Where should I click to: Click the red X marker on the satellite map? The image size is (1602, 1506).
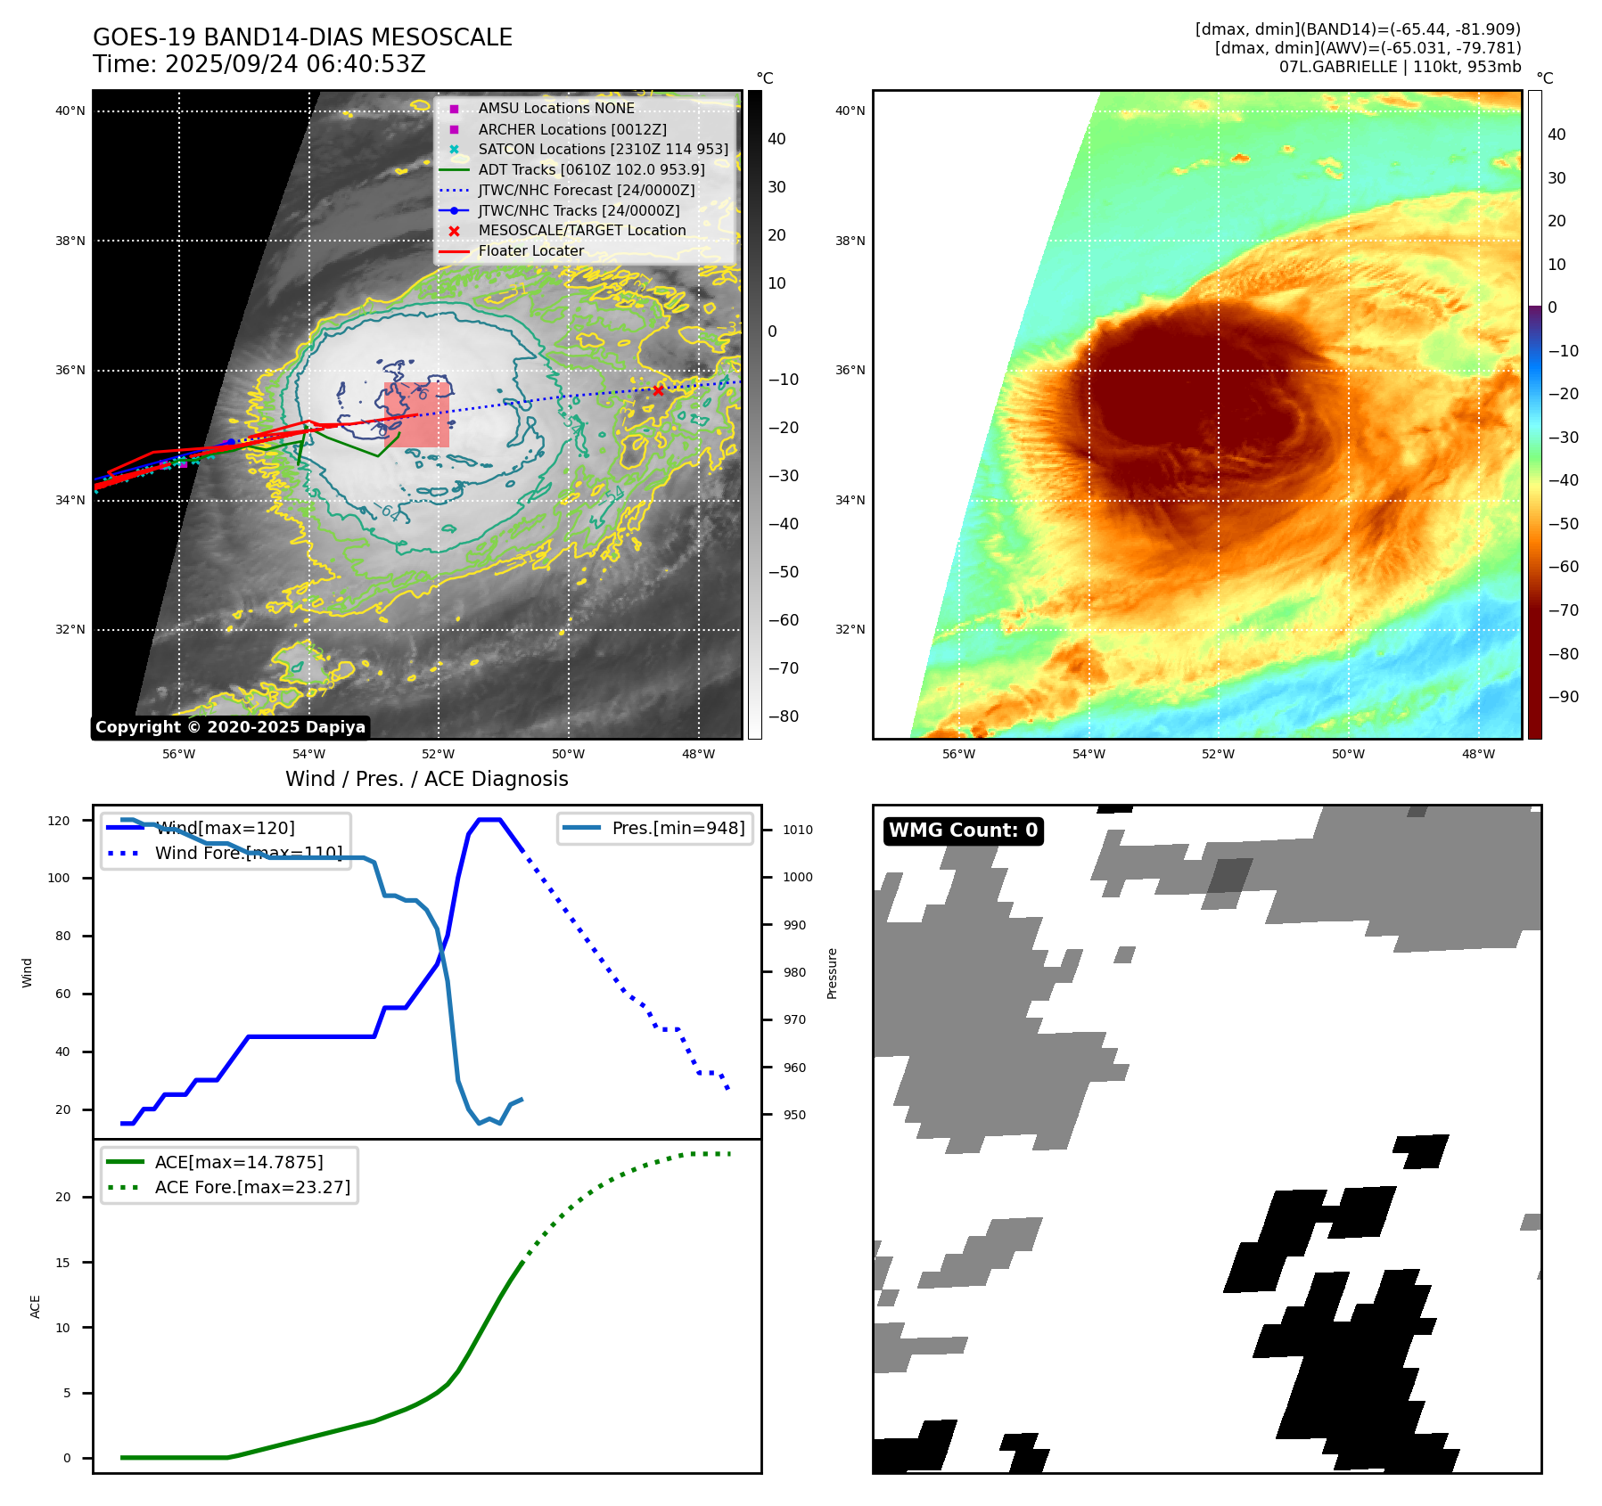[x=658, y=390]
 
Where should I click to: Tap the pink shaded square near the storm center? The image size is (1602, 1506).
[x=417, y=415]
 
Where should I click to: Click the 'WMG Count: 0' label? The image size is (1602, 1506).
[x=963, y=831]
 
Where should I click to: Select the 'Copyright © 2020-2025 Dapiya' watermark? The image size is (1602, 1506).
[x=230, y=727]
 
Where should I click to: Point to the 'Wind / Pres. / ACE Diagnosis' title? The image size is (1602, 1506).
[x=426, y=779]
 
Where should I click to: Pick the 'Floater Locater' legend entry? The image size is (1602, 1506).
[x=530, y=251]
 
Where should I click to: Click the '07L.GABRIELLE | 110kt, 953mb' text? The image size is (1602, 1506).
[x=1400, y=67]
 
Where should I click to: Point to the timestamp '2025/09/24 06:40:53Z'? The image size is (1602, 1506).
[x=295, y=65]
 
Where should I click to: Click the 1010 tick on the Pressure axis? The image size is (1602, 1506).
[x=797, y=830]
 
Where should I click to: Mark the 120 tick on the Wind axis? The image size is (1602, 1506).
[x=59, y=821]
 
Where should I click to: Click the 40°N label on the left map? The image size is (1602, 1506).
[x=70, y=111]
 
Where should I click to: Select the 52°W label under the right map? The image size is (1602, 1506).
[x=1218, y=754]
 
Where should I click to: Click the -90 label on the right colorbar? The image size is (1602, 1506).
[x=1563, y=697]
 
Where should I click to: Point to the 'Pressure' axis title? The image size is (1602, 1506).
[x=832, y=973]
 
